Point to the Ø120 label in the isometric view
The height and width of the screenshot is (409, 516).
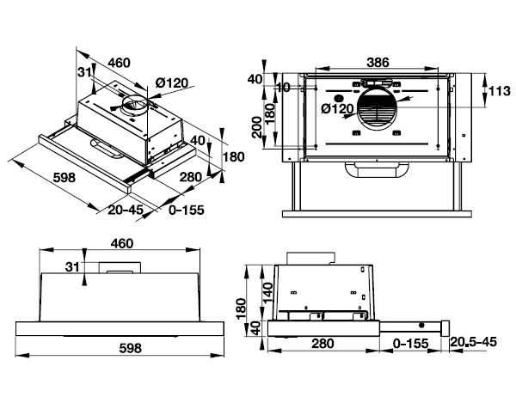point(171,82)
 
